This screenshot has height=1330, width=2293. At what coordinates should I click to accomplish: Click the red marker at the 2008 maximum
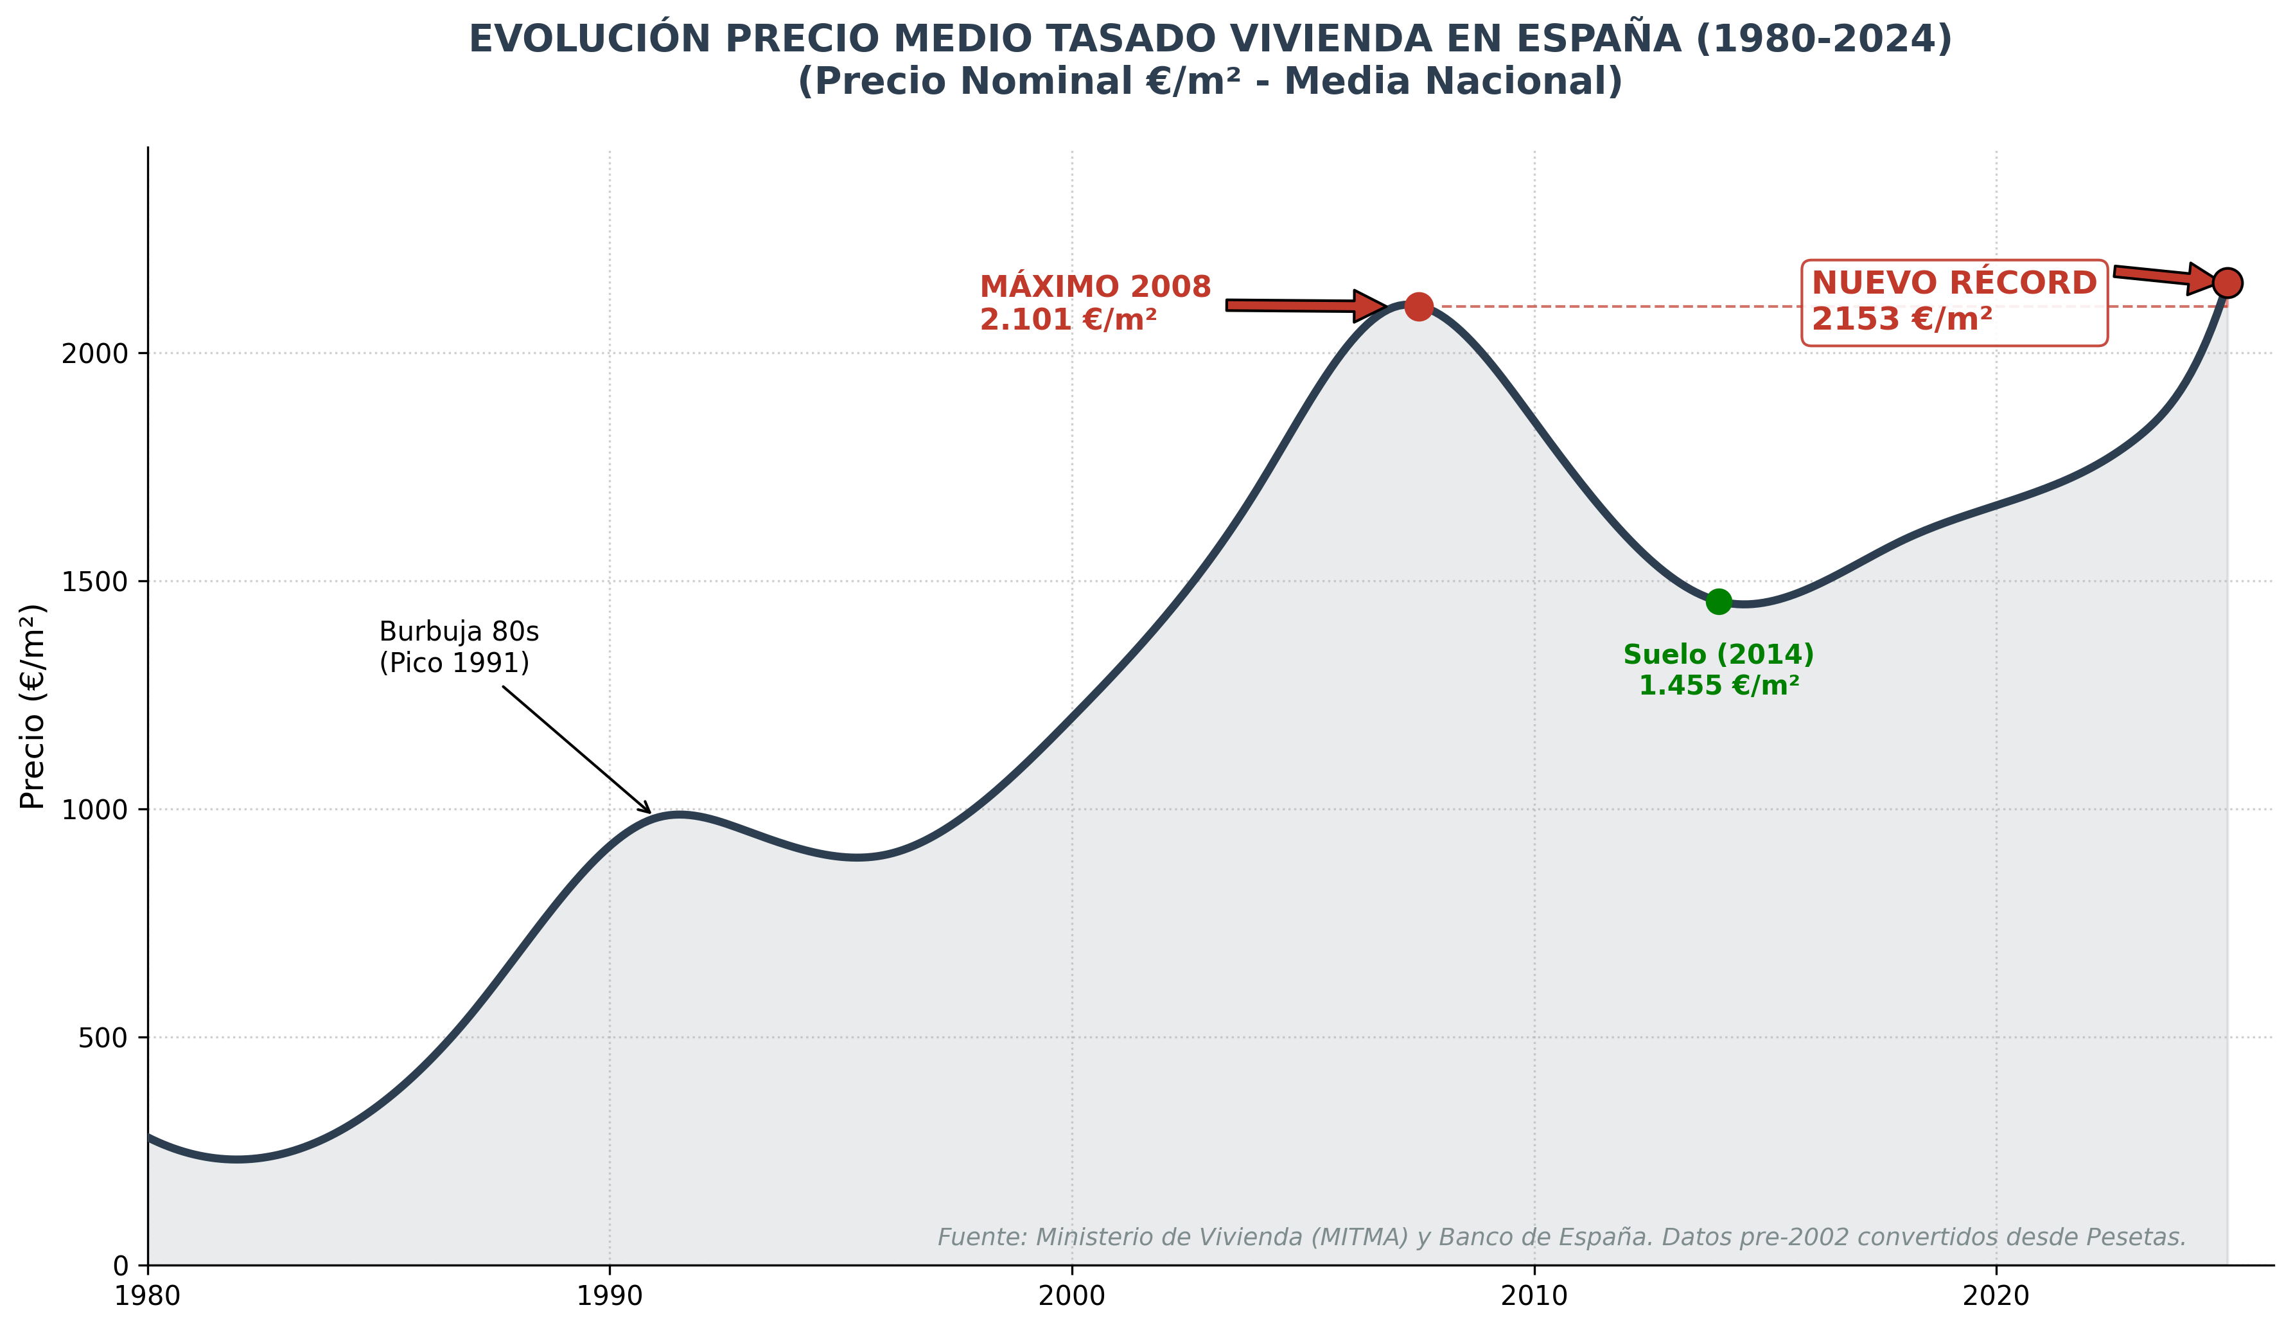tap(1419, 306)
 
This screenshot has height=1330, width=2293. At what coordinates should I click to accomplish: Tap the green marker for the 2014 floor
tap(1718, 601)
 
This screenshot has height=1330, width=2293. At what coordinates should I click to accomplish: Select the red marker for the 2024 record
tap(2227, 283)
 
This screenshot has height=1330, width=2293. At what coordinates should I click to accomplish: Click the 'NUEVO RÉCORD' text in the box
tap(1954, 283)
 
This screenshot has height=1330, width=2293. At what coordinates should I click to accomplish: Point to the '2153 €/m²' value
tap(1902, 319)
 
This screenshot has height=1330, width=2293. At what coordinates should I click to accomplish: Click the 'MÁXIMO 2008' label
tap(1096, 287)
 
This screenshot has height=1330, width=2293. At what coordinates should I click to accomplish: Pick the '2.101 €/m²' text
tap(1068, 319)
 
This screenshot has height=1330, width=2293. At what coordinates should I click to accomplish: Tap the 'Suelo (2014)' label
tap(1718, 655)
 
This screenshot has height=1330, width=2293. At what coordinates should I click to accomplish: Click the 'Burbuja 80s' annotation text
tap(459, 632)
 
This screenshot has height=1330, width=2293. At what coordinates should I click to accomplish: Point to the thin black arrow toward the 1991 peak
tap(576, 749)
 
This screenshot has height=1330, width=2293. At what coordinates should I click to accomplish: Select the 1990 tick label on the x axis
tap(609, 1297)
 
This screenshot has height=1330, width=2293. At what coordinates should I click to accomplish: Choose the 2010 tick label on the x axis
tap(1534, 1297)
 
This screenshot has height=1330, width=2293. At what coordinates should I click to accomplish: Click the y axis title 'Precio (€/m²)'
tap(33, 706)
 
